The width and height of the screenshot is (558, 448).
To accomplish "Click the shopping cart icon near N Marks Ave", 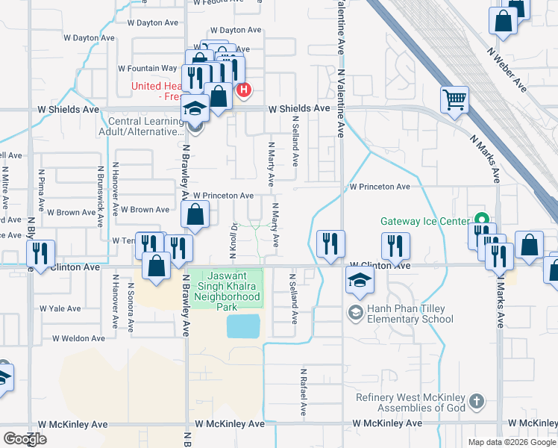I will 454,99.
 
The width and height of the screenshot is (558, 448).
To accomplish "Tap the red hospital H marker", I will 243,91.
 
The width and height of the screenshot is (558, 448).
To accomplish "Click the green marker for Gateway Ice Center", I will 482,220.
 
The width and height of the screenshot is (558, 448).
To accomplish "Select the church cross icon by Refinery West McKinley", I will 477,403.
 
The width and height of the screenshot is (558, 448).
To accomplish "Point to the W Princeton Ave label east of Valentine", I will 380,187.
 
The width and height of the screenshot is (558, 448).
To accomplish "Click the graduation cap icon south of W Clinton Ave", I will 359,281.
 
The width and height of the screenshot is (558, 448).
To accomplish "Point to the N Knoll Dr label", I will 233,240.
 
